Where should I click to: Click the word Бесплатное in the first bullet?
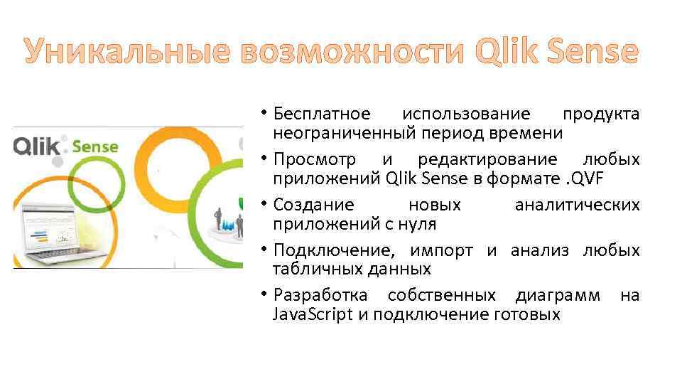[322, 114]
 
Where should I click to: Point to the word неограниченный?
[343, 133]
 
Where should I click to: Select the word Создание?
[313, 206]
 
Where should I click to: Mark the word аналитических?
[577, 206]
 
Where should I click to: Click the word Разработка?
[320, 296]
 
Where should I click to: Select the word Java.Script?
[313, 314]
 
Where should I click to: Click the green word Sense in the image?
[94, 148]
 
